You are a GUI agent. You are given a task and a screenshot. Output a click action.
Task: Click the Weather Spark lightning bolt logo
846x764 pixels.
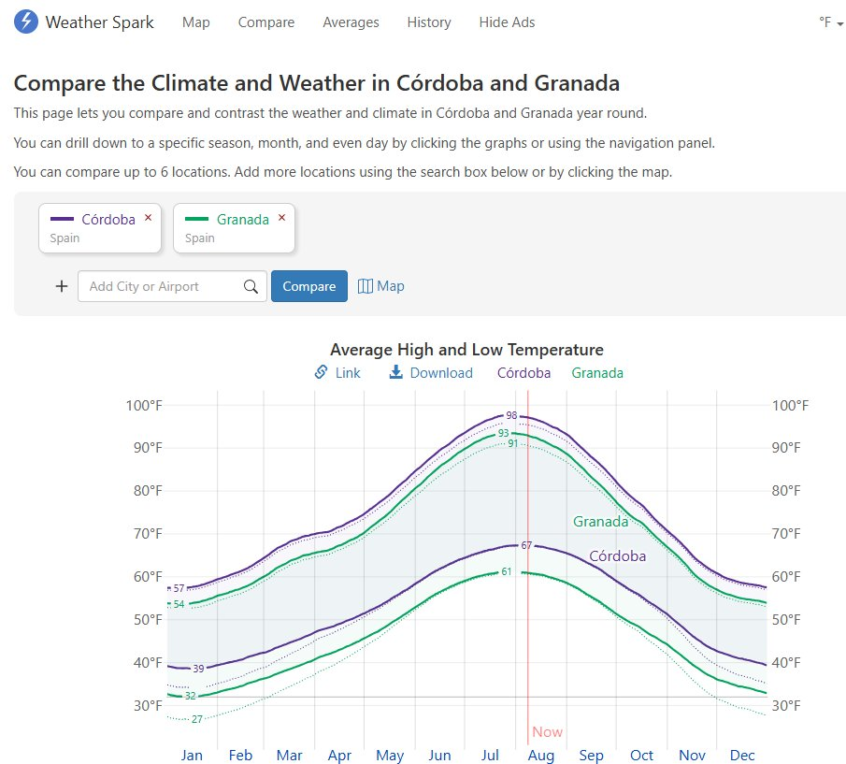coord(26,22)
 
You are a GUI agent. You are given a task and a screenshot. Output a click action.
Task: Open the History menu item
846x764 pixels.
coord(429,22)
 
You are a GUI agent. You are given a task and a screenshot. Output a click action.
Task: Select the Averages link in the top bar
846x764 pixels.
coord(351,22)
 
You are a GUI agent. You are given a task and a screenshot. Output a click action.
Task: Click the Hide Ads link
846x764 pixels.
coord(507,22)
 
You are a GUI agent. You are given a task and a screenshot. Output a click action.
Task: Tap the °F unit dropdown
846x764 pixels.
coord(830,22)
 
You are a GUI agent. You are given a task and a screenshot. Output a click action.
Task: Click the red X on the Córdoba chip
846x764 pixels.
coord(148,218)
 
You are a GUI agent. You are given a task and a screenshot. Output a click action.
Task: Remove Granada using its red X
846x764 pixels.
coord(282,218)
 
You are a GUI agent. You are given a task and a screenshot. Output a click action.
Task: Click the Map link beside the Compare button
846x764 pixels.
coord(381,286)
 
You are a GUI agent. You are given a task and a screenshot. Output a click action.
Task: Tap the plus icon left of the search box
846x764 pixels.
coord(62,286)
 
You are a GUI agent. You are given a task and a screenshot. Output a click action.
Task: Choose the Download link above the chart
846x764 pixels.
coord(431,372)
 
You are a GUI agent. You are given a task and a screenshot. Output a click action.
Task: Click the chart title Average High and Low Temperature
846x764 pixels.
coord(466,350)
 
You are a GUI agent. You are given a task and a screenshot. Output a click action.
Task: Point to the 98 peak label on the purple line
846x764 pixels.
coord(511,415)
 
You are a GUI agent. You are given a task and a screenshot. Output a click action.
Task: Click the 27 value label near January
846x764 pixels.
coord(197,719)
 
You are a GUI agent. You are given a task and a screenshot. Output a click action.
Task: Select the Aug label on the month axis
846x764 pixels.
coord(541,755)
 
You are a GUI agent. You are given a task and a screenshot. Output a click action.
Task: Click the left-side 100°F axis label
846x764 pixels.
coord(144,405)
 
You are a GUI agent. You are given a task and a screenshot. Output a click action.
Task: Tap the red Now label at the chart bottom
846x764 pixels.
coord(548,732)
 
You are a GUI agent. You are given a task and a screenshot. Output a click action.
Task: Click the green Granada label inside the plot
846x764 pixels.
coord(600,521)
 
